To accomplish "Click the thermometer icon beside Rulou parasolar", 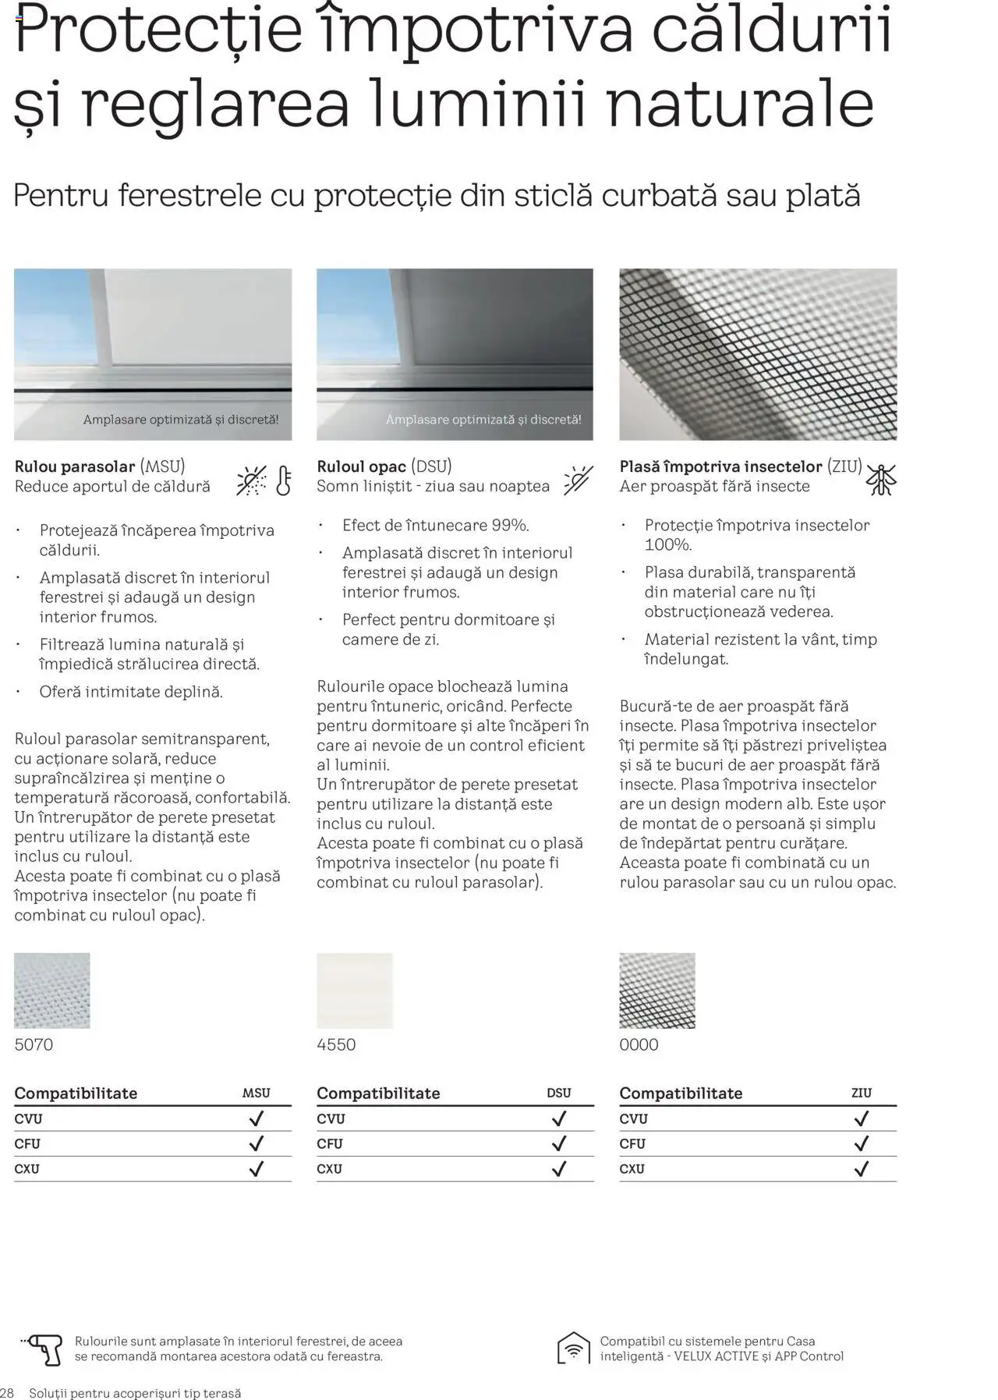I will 283,480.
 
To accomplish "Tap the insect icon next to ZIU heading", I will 881,479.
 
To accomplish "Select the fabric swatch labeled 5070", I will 52,991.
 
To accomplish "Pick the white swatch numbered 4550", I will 355,991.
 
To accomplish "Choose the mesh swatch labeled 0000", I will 657,991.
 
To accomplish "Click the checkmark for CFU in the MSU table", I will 256,1143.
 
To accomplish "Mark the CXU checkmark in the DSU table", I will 558,1168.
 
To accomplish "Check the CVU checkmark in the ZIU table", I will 861,1118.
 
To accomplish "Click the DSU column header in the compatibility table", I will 558,1093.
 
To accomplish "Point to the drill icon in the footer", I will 44,1349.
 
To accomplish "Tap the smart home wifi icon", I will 573,1349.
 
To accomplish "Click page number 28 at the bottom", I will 7,1392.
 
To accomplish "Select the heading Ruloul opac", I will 361,466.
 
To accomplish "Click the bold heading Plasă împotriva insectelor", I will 720,466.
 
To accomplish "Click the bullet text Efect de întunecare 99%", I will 435,525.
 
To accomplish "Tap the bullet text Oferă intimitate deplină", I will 131,692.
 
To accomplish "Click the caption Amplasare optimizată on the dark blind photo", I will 483,420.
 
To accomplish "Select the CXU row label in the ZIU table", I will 633,1168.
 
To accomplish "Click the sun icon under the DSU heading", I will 578,480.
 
